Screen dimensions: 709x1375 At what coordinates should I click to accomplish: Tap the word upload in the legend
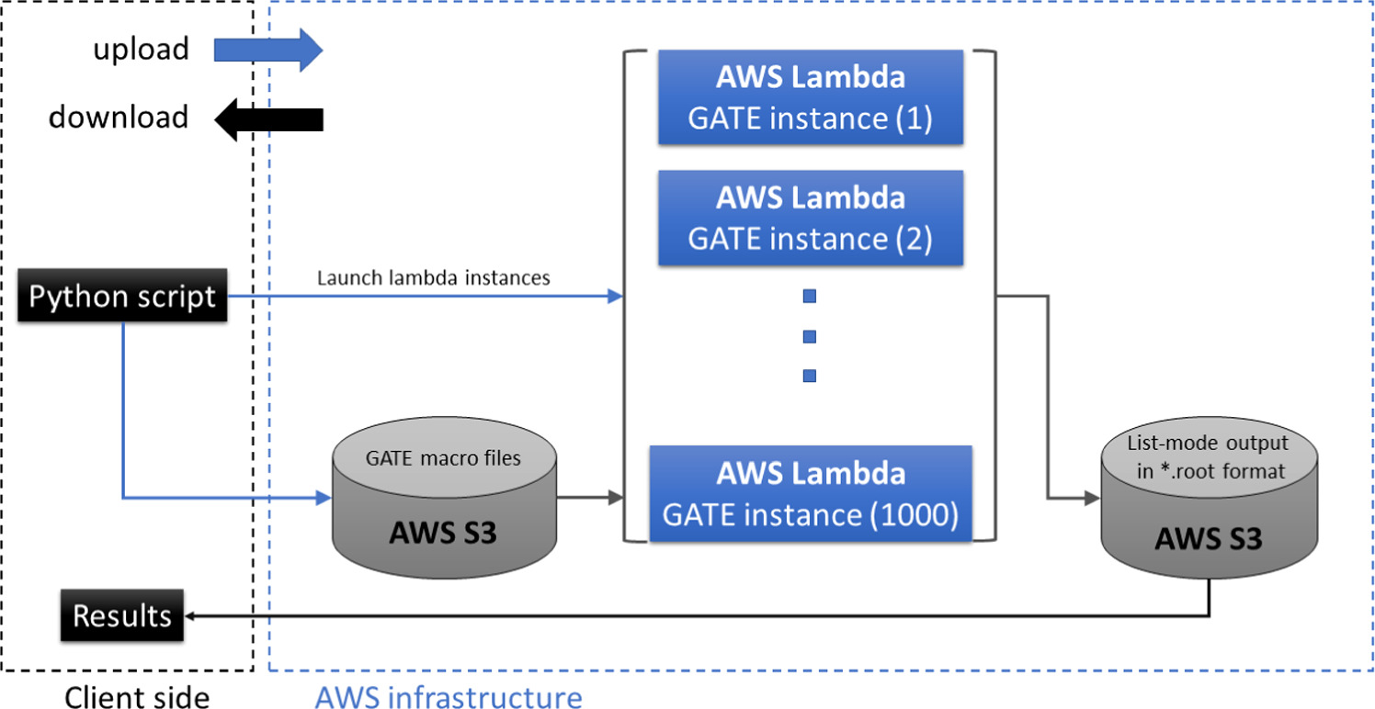(x=141, y=49)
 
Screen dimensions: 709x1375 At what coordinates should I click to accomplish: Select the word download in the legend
(x=119, y=118)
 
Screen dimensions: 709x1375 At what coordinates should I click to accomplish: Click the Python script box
(x=122, y=297)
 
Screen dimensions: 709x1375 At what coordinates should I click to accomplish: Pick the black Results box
(x=122, y=615)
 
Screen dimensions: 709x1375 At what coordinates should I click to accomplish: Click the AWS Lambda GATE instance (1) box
(x=810, y=97)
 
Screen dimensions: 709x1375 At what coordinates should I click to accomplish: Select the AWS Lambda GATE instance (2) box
(x=810, y=218)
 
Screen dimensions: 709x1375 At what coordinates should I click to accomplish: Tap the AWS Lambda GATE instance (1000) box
(x=810, y=494)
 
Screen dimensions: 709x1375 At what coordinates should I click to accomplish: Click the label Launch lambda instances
(x=433, y=277)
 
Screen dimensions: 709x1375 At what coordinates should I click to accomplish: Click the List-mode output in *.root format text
(x=1208, y=457)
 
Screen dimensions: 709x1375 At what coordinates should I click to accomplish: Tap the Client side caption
(x=136, y=697)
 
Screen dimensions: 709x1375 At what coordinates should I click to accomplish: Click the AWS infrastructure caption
(x=449, y=696)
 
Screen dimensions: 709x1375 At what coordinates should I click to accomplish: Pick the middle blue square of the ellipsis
(x=810, y=336)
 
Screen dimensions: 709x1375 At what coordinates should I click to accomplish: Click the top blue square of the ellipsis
(x=810, y=297)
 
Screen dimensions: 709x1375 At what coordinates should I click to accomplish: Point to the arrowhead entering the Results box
(x=192, y=615)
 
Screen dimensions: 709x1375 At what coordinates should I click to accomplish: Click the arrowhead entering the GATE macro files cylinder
(x=323, y=499)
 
